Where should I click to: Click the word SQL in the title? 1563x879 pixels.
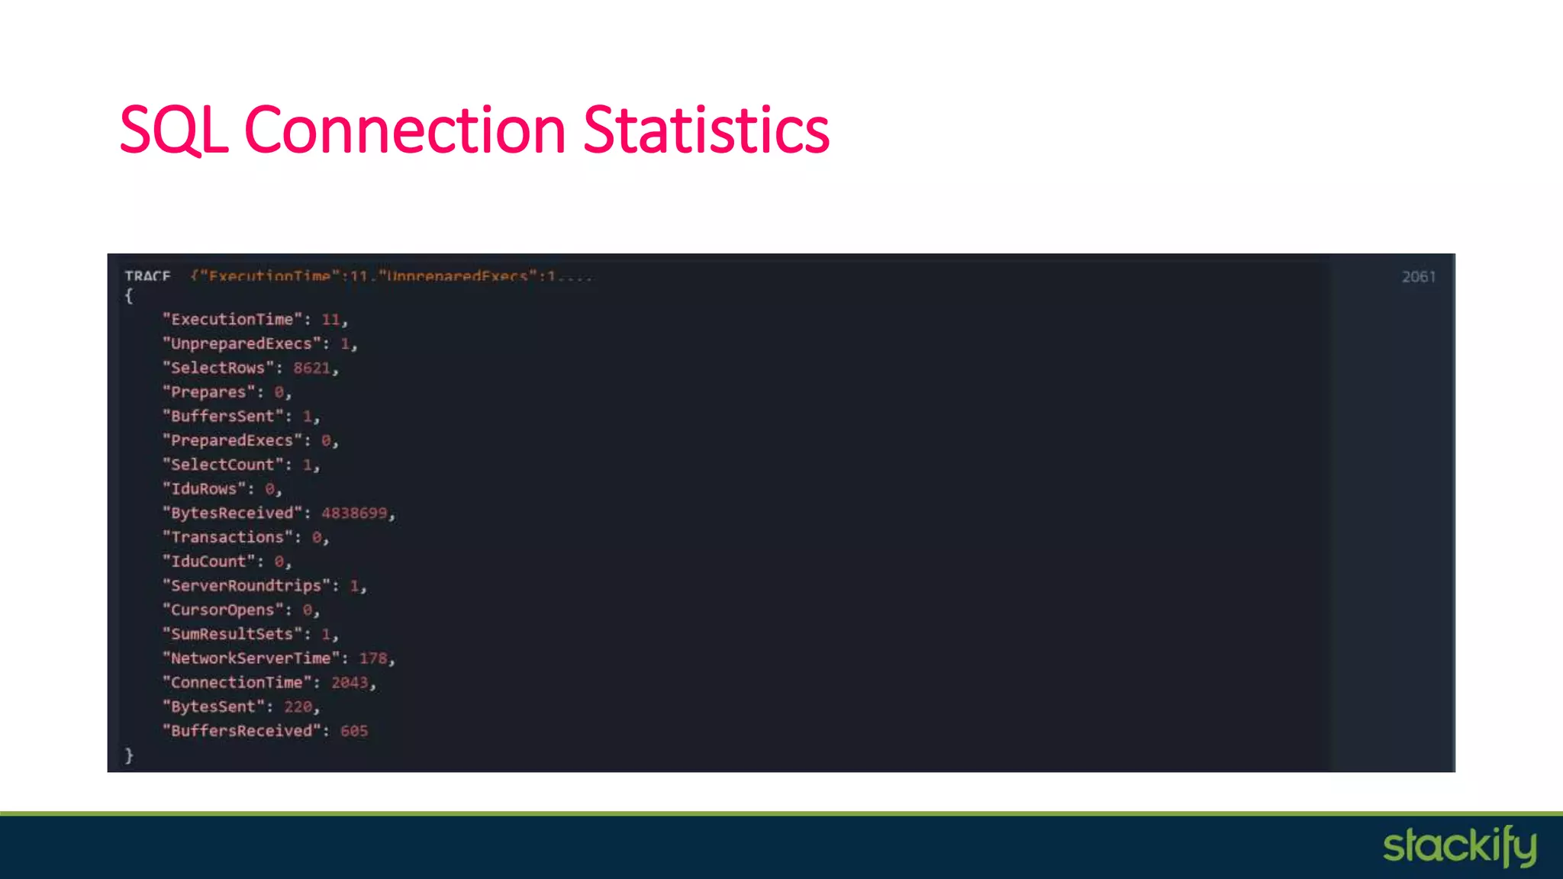pyautogui.click(x=174, y=130)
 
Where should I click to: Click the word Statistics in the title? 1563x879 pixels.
pyautogui.click(x=706, y=130)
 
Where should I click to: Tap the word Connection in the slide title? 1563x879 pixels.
pyautogui.click(x=404, y=130)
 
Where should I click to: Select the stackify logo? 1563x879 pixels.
pyautogui.click(x=1459, y=846)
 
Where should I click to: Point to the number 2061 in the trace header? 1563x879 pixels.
pyautogui.click(x=1418, y=277)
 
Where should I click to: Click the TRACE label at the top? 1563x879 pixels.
pyautogui.click(x=147, y=276)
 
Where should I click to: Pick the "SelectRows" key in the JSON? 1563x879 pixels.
pyautogui.click(x=218, y=368)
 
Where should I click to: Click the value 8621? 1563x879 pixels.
pyautogui.click(x=312, y=368)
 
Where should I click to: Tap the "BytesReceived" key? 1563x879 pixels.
pyautogui.click(x=232, y=513)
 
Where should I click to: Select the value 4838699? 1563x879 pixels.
pyautogui.click(x=354, y=513)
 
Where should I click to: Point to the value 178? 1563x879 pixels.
pyautogui.click(x=373, y=658)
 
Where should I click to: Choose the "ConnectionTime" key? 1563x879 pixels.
pyautogui.click(x=237, y=682)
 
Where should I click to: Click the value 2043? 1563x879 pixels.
pyautogui.click(x=350, y=682)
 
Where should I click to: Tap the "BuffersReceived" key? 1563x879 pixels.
pyautogui.click(x=241, y=731)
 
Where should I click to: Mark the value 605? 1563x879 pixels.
pyautogui.click(x=354, y=731)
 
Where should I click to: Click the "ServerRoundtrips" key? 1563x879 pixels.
pyautogui.click(x=247, y=585)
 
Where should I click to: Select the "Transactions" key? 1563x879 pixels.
pyautogui.click(x=227, y=537)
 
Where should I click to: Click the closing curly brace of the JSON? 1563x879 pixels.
pyautogui.click(x=129, y=755)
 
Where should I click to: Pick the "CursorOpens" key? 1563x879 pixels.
pyautogui.click(x=222, y=610)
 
